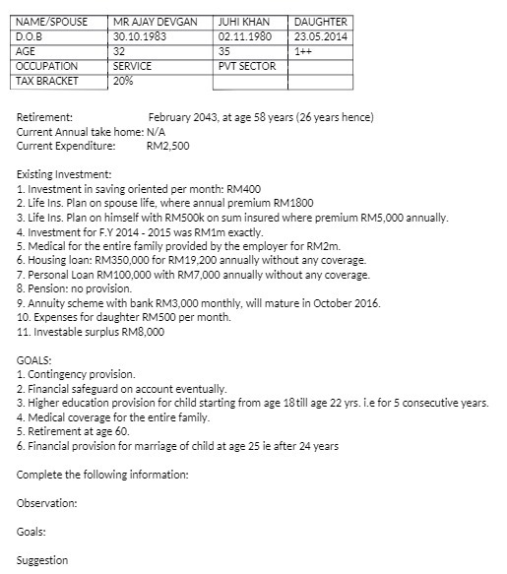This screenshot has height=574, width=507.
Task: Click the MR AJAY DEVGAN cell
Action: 156,22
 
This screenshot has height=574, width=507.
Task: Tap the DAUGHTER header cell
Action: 321,22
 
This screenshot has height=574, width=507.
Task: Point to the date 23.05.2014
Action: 320,36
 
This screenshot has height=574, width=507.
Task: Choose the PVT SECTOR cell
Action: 248,66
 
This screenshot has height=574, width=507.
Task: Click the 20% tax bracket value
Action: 123,81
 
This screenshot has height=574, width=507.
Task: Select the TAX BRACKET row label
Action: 47,81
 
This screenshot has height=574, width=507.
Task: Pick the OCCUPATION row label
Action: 46,66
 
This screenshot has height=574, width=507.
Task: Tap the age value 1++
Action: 304,51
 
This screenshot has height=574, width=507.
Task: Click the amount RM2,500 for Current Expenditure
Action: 167,146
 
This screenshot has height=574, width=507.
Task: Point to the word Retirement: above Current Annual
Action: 44,117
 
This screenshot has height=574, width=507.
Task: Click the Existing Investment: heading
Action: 64,174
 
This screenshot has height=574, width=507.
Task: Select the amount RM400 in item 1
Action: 243,187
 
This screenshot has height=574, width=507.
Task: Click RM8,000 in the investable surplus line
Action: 143,332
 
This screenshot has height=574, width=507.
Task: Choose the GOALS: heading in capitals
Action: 34,361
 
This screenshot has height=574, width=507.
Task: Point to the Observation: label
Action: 47,503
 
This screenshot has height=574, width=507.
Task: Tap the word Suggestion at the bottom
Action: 43,560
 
